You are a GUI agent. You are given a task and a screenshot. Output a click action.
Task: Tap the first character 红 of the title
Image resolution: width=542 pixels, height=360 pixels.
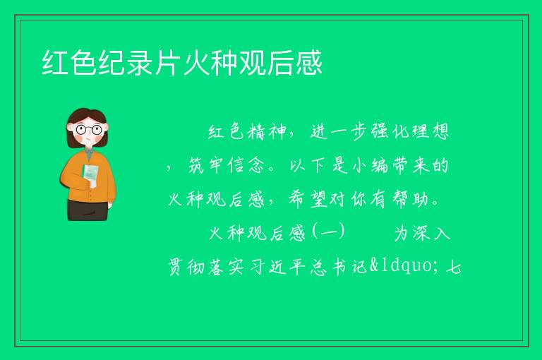click(55, 63)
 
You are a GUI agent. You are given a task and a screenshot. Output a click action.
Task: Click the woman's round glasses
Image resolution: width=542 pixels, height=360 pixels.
click(88, 130)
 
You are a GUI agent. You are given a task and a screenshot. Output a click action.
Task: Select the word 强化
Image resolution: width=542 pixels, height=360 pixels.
click(390, 132)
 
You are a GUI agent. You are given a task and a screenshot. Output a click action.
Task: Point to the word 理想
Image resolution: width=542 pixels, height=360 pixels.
click(430, 132)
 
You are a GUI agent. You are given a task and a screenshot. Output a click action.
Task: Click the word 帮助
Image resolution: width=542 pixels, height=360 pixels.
click(411, 199)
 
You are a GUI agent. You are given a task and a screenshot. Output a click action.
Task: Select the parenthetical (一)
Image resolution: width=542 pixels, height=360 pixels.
click(328, 232)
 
